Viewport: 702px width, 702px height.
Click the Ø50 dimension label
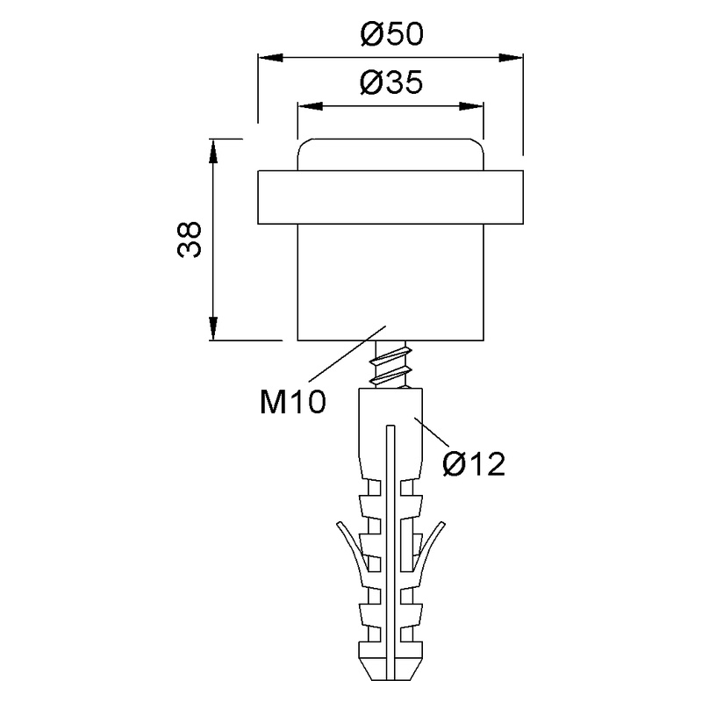pyautogui.click(x=391, y=35)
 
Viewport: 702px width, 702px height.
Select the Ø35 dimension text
pyautogui.click(x=391, y=83)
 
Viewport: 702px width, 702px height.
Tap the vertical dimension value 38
pyautogui.click(x=190, y=239)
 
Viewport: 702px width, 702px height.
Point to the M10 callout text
pyautogui.click(x=293, y=402)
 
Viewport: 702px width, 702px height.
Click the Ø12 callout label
pyautogui.click(x=475, y=462)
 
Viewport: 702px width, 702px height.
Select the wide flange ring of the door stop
pyautogui.click(x=391, y=197)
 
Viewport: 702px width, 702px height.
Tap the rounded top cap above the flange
pyautogui.click(x=391, y=154)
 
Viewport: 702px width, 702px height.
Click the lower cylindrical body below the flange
pyautogui.click(x=391, y=281)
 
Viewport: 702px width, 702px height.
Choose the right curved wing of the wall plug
pyautogui.click(x=436, y=548)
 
